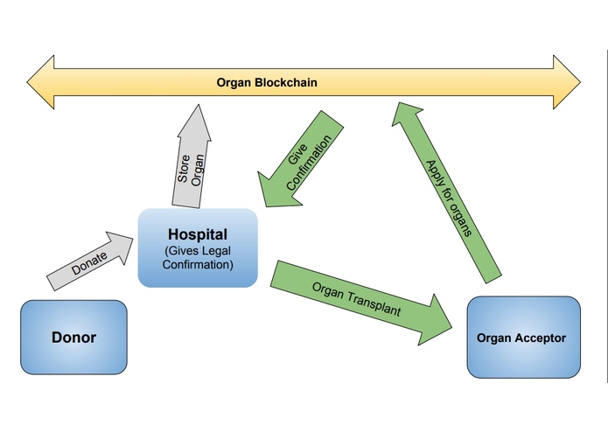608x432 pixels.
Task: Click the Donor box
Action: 73,337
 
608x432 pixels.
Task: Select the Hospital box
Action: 198,247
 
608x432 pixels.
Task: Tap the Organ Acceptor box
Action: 523,338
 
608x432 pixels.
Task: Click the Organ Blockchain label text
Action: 267,83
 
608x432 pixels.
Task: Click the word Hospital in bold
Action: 198,235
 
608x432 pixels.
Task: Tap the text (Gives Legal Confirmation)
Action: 198,259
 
